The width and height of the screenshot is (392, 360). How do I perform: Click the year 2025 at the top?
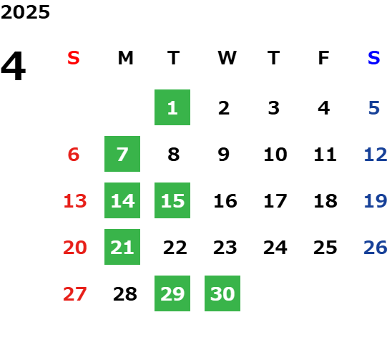click(25, 12)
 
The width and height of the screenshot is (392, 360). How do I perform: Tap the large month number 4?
click(14, 66)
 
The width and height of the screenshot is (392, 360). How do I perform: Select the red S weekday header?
click(74, 58)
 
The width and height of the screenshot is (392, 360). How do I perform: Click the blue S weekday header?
click(374, 58)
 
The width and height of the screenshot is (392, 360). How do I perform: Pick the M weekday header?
click(125, 58)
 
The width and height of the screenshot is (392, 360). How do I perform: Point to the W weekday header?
click(227, 58)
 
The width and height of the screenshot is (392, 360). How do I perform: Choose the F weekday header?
click(324, 58)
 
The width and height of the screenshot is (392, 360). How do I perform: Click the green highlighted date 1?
click(172, 107)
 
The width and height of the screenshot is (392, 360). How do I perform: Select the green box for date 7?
click(122, 154)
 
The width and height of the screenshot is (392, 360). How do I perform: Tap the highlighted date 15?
click(172, 200)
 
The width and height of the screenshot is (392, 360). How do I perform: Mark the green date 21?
click(122, 247)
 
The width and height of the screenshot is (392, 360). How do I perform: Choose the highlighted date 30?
click(222, 293)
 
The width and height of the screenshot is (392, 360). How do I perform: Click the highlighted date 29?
click(172, 293)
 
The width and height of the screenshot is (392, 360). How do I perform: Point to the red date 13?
click(75, 201)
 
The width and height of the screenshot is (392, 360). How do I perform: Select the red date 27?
click(75, 294)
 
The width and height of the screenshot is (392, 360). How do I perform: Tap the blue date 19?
click(376, 201)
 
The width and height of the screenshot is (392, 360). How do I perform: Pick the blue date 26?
click(376, 248)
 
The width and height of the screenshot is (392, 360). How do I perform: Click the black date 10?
click(275, 155)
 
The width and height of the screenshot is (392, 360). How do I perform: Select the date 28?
click(125, 294)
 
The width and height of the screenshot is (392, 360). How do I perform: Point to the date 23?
click(225, 248)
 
